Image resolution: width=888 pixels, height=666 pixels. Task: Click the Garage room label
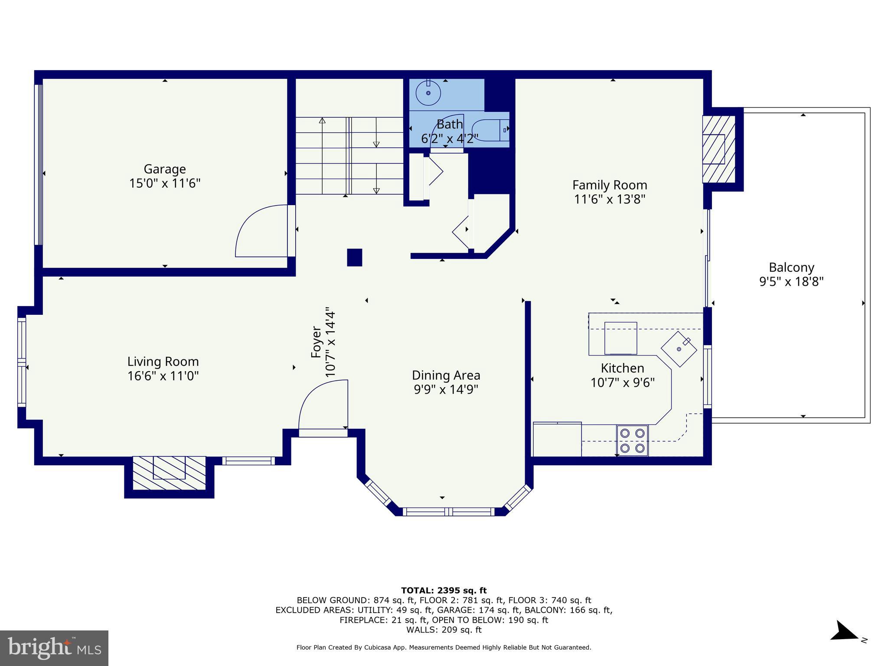[165, 169]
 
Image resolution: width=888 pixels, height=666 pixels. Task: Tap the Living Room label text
[163, 362]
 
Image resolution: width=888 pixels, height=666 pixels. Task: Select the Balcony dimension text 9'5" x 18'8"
[791, 282]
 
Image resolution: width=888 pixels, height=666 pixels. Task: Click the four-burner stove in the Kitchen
[632, 440]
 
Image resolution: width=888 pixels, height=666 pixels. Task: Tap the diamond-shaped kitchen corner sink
[679, 349]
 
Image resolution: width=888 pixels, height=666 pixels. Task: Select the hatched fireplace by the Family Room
[718, 149]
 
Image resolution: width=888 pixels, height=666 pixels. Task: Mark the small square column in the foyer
[354, 257]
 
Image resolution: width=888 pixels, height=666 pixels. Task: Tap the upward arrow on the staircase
[322, 121]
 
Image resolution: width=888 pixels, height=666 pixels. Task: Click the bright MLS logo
[54, 648]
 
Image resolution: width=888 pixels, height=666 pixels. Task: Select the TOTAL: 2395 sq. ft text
[444, 590]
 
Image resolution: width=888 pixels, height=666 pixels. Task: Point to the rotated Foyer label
[317, 343]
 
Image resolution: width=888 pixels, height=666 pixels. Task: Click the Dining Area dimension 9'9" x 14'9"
[446, 389]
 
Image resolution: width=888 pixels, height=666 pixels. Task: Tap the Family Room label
[610, 185]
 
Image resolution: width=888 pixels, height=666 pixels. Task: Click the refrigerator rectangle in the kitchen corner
[557, 439]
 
